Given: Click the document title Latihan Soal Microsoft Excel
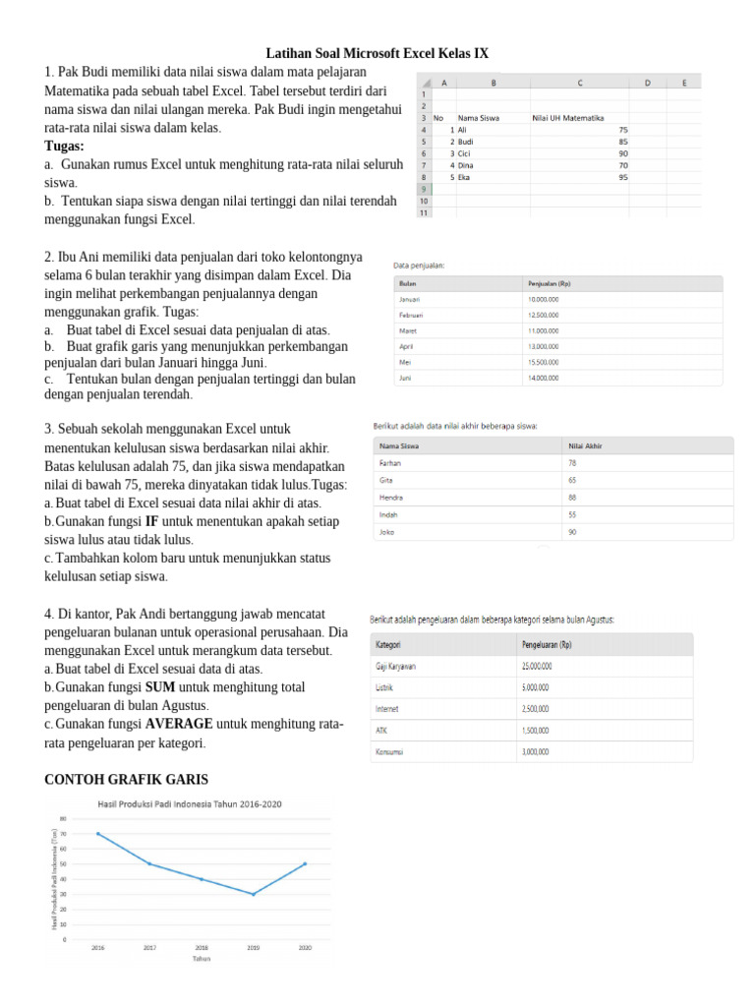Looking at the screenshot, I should point(377,53).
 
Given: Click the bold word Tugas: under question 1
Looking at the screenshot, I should point(65,147).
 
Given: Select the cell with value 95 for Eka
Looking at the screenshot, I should point(623,178).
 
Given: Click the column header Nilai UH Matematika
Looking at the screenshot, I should point(567,118).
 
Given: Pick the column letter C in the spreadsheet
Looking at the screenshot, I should point(580,84).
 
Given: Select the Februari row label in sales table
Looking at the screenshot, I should point(411,315).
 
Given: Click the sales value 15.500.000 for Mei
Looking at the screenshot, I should point(544,362).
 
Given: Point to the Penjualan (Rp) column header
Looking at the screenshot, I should point(550,283).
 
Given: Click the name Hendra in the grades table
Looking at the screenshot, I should point(392,497).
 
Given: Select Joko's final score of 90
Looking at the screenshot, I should point(572,532).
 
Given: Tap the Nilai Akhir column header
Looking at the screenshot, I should point(586,445).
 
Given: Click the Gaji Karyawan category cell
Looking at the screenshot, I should point(396,666).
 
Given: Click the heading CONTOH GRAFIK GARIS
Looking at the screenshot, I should point(127,780).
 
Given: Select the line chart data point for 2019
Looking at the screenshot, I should point(253,894).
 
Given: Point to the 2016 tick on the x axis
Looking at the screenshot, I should point(97,948).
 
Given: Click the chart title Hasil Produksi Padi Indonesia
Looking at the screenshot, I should point(189,804).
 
